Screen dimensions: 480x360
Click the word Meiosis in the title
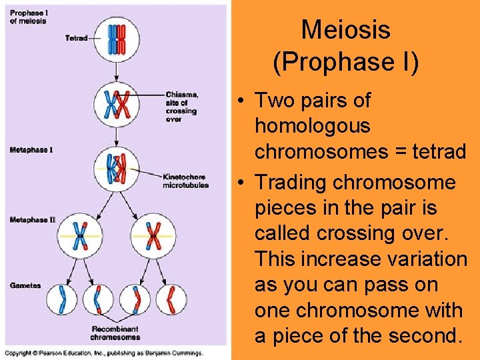tap(345, 30)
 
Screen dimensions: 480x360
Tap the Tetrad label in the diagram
tap(76, 38)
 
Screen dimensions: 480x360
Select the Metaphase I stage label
tap(31, 150)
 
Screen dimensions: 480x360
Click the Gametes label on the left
tap(25, 285)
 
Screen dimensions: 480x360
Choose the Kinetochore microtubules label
tap(185, 181)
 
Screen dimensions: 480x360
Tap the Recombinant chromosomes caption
tap(115, 333)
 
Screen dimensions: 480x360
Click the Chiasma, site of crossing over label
tap(181, 107)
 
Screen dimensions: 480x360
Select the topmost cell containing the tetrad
tap(117, 39)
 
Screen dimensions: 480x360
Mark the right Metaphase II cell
tap(153, 235)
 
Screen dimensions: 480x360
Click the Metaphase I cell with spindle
tap(117, 167)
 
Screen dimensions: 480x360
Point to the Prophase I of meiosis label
tap(28, 17)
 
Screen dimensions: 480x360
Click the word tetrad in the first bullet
tap(433, 151)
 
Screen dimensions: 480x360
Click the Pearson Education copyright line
tap(103, 353)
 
